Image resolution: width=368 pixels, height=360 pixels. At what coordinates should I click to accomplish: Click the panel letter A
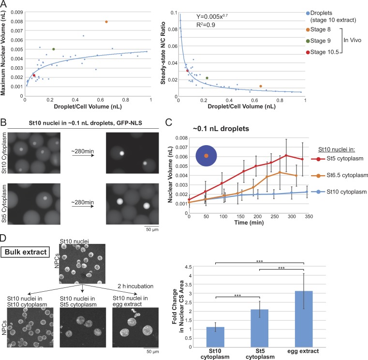[x=5, y=4]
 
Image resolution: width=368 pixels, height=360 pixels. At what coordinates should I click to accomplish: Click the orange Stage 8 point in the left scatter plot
[x=106, y=22]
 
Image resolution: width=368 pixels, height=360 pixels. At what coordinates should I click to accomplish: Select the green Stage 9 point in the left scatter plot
[x=53, y=49]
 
